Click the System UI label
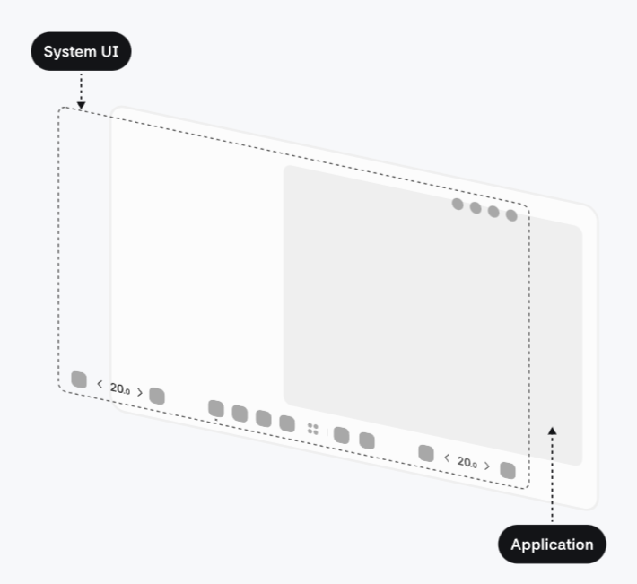81,52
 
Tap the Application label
552,544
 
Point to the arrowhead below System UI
81,105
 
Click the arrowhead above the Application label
552,431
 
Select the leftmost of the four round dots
458,205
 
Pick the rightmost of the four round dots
511,215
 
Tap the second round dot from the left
476,208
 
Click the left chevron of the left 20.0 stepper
100,385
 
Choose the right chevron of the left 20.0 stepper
140,392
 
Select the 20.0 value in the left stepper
119,388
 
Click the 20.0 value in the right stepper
467,462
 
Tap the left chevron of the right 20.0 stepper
447,458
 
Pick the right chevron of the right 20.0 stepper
487,466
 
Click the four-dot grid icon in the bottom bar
312,429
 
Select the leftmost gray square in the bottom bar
79,379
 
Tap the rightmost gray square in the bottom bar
508,470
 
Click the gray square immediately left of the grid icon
287,423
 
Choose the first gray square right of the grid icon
342,435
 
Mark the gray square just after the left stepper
157,396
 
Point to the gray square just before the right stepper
426,453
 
